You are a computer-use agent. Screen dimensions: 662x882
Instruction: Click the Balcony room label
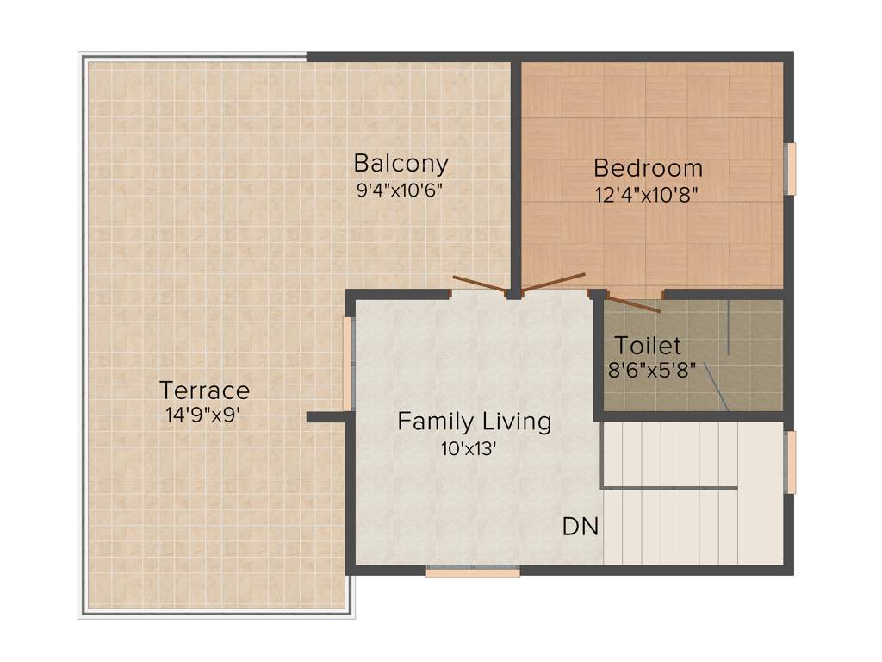tap(401, 163)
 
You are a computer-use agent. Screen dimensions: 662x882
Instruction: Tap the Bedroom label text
tap(648, 168)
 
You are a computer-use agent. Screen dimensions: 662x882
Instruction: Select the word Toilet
tap(648, 347)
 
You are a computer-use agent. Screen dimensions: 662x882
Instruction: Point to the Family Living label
tap(474, 422)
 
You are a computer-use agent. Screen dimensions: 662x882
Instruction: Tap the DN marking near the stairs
tap(580, 527)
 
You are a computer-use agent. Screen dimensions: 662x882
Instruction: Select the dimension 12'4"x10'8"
tap(645, 194)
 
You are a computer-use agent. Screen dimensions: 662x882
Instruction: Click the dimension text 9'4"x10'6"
tap(400, 190)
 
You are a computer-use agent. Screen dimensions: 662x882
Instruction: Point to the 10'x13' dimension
tap(469, 448)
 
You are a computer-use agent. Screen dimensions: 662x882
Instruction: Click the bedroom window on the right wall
tap(791, 169)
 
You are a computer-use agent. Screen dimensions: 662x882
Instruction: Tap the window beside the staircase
tap(791, 462)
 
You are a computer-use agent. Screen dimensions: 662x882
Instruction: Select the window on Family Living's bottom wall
tap(472, 571)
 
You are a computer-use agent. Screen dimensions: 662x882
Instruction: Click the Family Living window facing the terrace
tap(348, 364)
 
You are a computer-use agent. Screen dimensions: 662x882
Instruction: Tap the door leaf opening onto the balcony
tap(479, 285)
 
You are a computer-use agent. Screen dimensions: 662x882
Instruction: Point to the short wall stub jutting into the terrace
tap(326, 417)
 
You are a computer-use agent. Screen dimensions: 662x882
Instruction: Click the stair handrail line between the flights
tap(668, 488)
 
